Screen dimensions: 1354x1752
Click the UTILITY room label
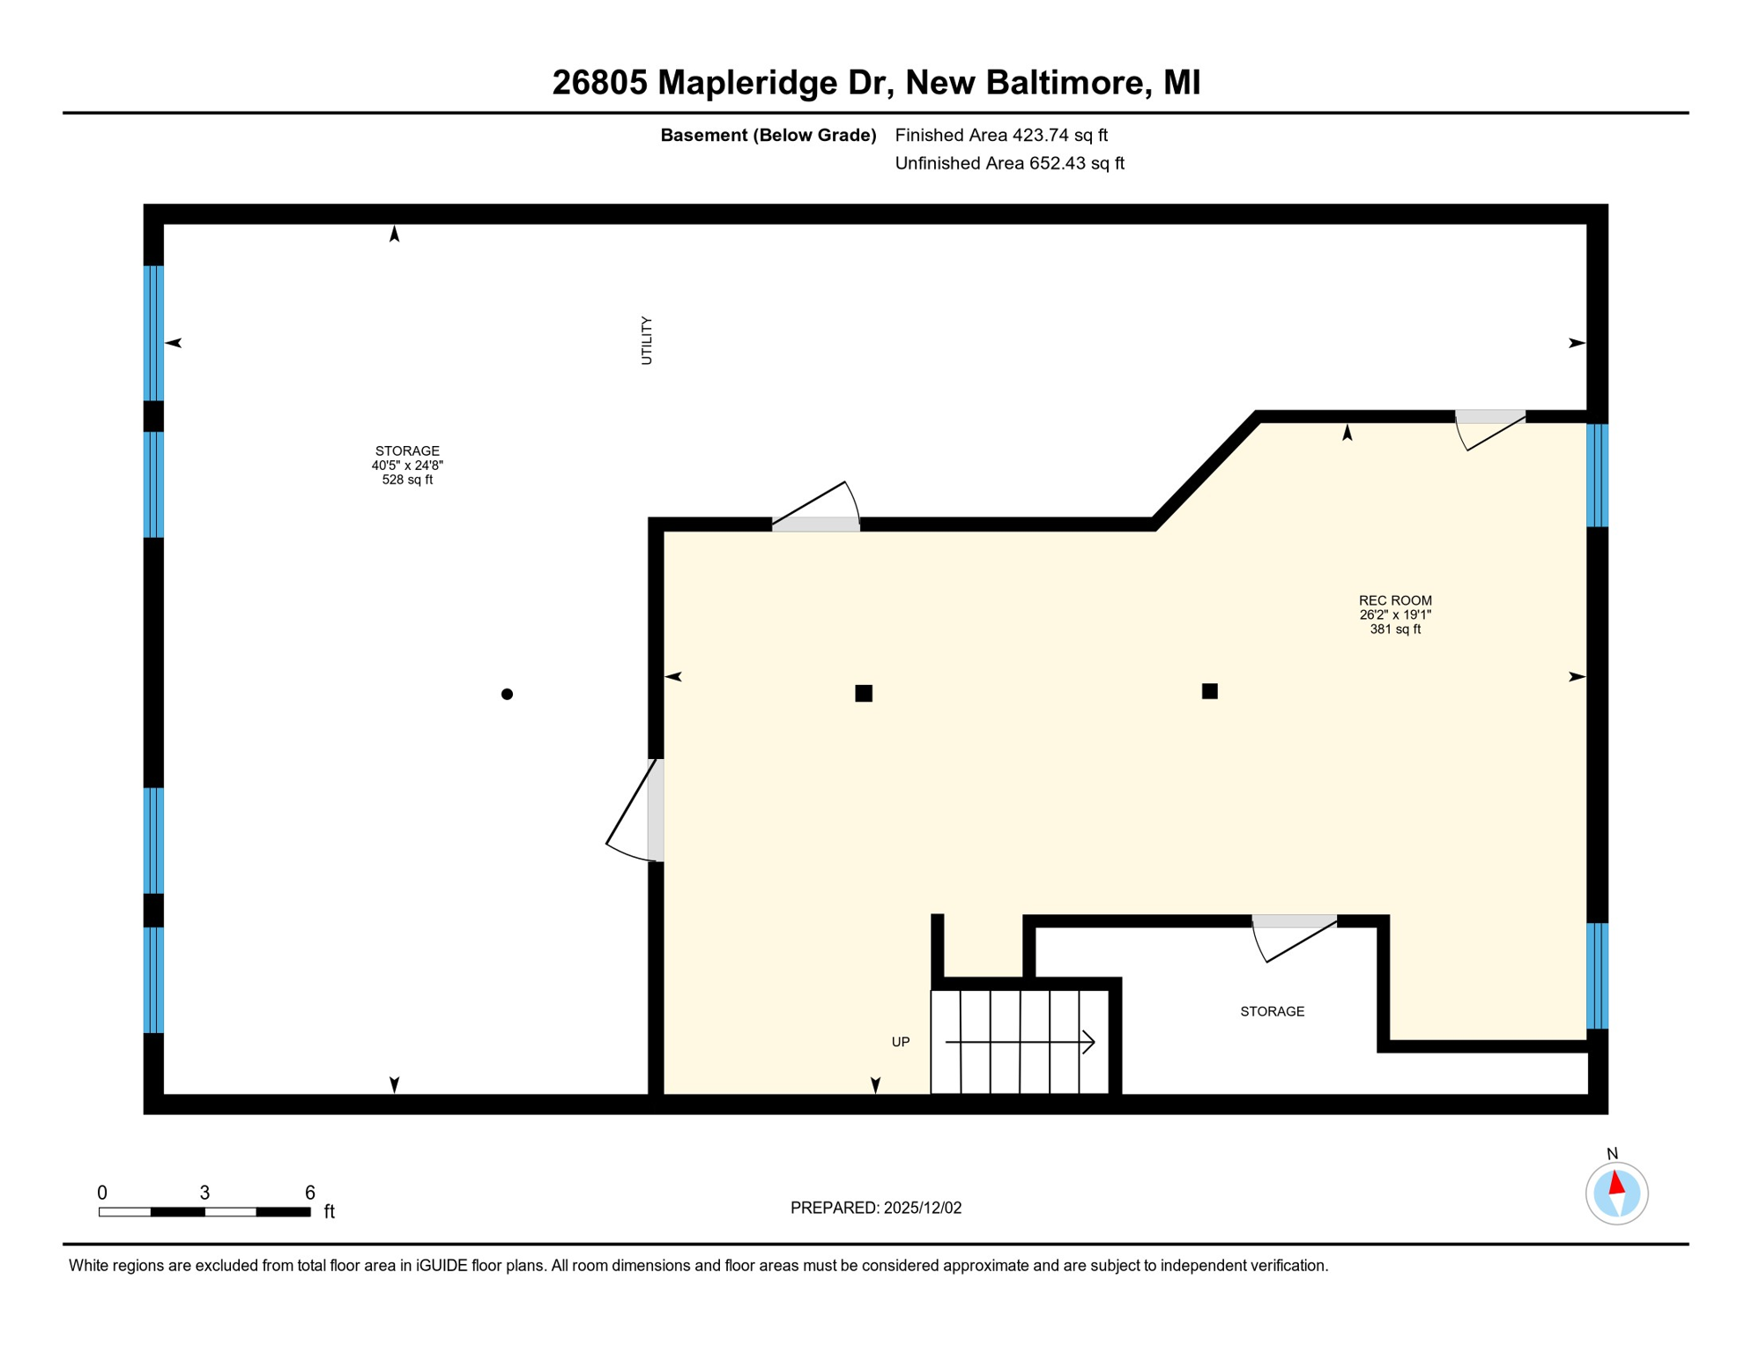646,340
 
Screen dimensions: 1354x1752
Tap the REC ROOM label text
1394,600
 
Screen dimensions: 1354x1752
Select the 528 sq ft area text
407,480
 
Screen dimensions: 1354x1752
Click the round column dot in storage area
507,695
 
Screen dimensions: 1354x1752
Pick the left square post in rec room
864,694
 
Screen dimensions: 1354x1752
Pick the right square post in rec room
1209,691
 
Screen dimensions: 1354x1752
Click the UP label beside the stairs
900,1042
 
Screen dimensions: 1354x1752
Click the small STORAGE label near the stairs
1272,1011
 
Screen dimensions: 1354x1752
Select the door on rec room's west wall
654,809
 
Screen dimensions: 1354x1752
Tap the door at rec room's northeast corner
1489,418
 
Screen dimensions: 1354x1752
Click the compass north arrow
1616,1183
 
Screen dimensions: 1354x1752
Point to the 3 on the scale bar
204,1193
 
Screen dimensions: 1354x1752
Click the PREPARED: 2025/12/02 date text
875,1208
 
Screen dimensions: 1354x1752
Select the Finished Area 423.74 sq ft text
1000,135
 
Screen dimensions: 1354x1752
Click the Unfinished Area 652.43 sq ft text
1008,163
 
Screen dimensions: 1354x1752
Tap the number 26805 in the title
599,83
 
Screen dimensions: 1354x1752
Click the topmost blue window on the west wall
153,333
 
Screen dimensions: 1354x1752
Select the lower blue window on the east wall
1597,976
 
